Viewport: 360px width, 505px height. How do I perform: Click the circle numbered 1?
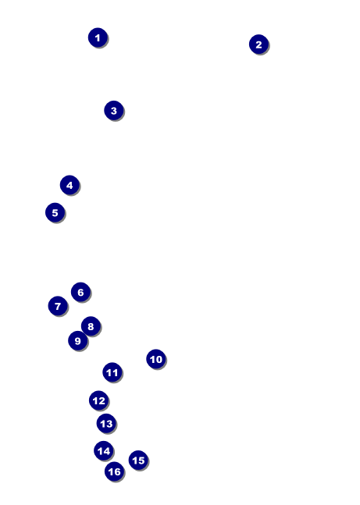click(x=98, y=37)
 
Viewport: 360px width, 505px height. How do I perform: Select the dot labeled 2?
click(x=258, y=44)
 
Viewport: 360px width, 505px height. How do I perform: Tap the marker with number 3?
click(x=114, y=111)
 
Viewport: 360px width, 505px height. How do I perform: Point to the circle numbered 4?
click(x=70, y=185)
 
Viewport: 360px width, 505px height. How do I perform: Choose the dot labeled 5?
click(x=55, y=212)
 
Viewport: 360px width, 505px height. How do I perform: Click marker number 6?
click(x=80, y=292)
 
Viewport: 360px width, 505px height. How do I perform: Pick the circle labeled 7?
click(x=58, y=306)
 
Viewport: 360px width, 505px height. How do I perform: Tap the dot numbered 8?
click(x=91, y=326)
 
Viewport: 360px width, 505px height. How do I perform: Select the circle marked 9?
click(x=77, y=341)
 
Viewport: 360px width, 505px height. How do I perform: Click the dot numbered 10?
click(x=156, y=359)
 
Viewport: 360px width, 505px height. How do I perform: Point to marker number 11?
click(x=112, y=372)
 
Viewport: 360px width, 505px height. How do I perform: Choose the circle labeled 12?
click(x=98, y=400)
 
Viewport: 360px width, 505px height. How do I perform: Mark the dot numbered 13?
click(x=106, y=424)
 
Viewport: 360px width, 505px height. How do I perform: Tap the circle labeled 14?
click(x=104, y=451)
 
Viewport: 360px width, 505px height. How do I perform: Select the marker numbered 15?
click(x=138, y=461)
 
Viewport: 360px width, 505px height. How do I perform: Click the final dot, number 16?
click(x=115, y=471)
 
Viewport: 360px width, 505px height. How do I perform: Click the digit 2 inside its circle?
click(x=258, y=44)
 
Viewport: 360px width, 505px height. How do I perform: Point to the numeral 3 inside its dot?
click(x=114, y=111)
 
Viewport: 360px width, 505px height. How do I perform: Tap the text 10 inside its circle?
click(x=156, y=359)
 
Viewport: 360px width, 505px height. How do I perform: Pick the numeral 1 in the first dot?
click(x=98, y=38)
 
